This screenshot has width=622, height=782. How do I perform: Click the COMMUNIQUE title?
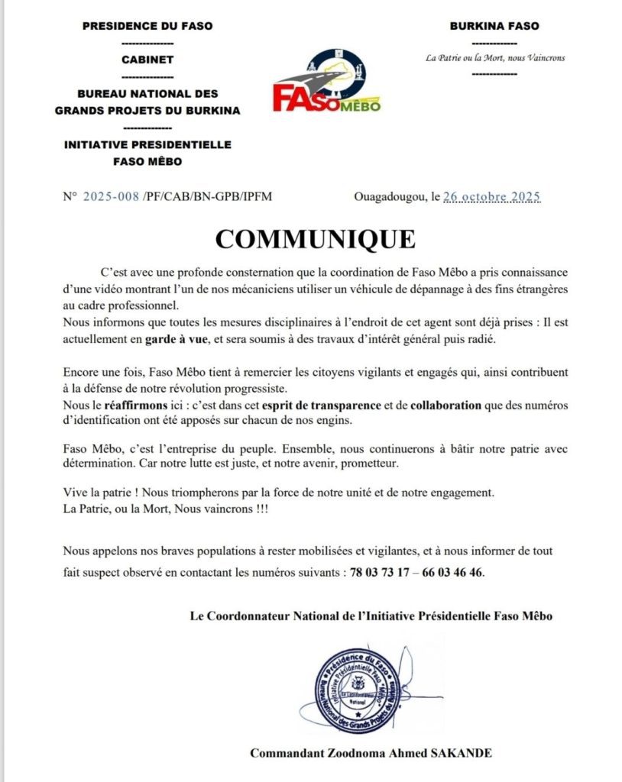315,239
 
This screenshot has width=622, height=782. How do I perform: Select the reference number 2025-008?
112,196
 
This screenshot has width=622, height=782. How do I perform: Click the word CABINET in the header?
147,60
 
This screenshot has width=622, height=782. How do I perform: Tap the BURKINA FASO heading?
494,26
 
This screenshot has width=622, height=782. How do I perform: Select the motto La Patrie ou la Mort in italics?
495,58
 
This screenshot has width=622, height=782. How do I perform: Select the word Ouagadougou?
390,196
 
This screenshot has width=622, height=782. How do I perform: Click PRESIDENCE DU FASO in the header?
147,26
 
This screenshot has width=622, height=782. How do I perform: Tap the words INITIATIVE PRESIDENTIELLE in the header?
147,144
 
